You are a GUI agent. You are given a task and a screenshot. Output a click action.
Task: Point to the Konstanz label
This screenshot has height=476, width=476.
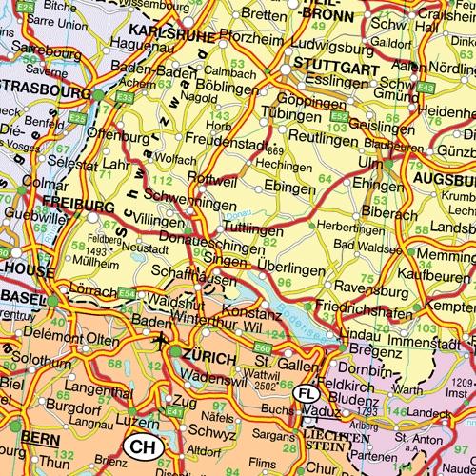coord(250,313)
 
